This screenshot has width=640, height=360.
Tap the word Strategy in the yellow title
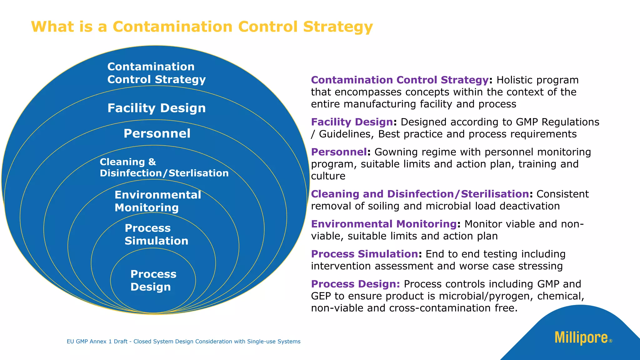[x=338, y=27]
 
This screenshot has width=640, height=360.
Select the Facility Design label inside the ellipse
[x=157, y=108]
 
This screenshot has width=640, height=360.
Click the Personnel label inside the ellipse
[x=157, y=133]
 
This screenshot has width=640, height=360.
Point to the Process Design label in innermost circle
[x=153, y=280]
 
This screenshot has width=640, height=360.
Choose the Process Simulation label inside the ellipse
[x=156, y=234]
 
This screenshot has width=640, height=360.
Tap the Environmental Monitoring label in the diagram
[x=157, y=201]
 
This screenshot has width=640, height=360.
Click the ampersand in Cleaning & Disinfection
[x=152, y=162]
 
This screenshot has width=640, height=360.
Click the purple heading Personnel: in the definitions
[x=339, y=152]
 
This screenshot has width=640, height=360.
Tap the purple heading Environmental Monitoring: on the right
[x=384, y=224]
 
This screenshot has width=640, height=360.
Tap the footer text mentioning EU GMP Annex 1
[x=183, y=342]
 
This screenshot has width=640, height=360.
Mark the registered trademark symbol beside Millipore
[x=611, y=341]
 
